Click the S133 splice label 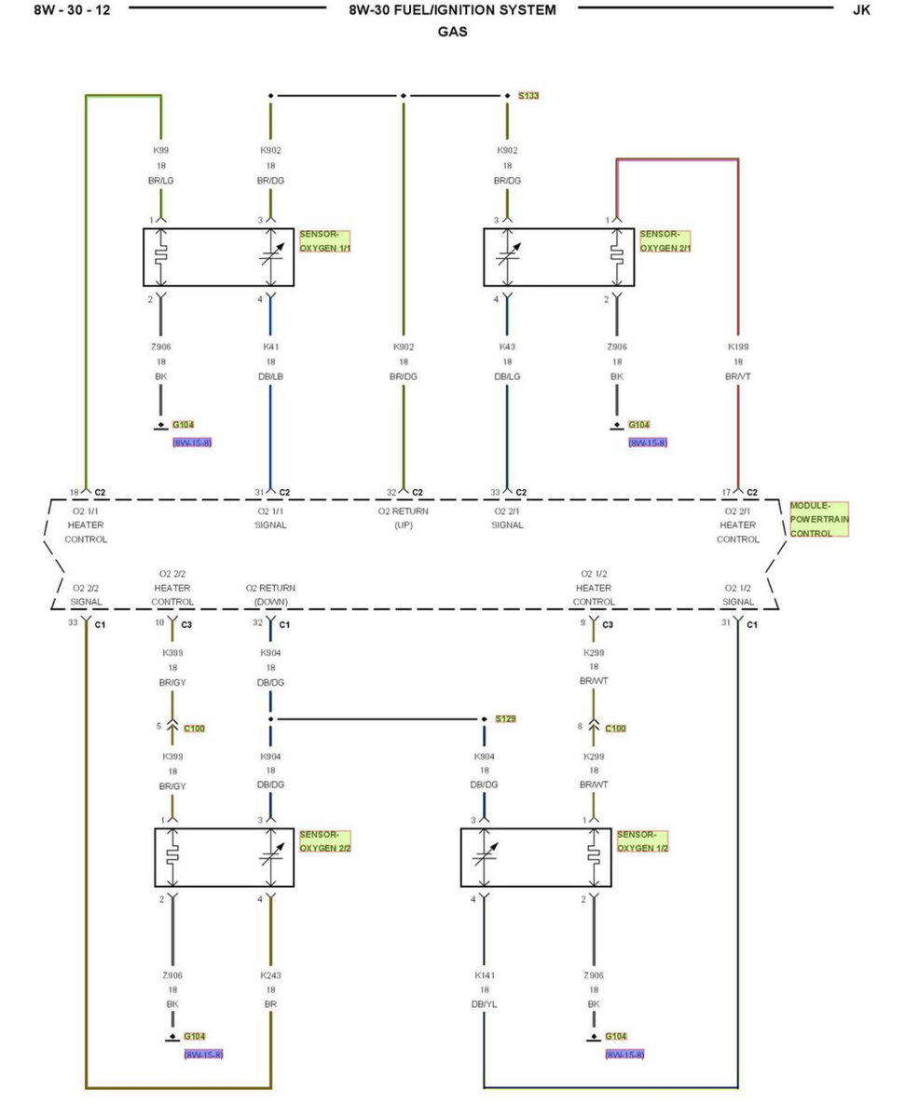[x=528, y=96]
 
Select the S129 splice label [x=505, y=719]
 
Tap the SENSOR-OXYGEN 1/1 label [x=325, y=241]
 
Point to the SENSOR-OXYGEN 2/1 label [x=665, y=241]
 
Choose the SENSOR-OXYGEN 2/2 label [x=325, y=841]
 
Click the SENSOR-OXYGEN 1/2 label [x=643, y=841]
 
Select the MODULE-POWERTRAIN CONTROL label [x=818, y=519]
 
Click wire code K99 [x=161, y=150]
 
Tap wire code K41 [x=270, y=347]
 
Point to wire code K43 [x=507, y=347]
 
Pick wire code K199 [x=738, y=347]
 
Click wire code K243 [x=270, y=975]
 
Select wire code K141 [x=484, y=975]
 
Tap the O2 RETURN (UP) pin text [x=404, y=518]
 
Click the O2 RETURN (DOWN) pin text [x=270, y=594]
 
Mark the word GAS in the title [x=452, y=32]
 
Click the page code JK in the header [x=861, y=10]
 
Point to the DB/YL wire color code [x=484, y=1004]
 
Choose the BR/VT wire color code [x=738, y=375]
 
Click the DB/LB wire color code [x=270, y=375]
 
